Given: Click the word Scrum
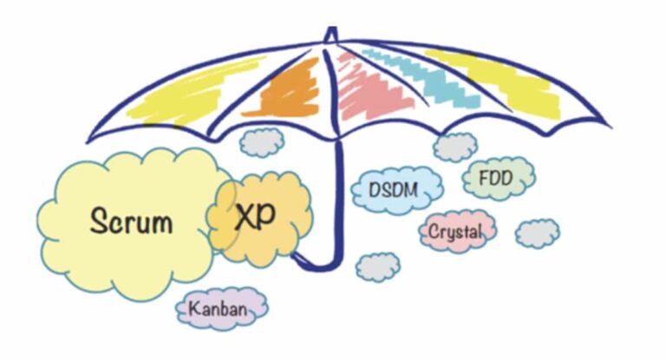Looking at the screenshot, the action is pyautogui.click(x=132, y=220).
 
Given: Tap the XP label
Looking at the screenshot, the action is pyautogui.click(x=255, y=216).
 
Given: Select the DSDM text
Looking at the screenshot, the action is pyautogui.click(x=394, y=190).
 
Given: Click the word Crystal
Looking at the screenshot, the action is pyautogui.click(x=455, y=232).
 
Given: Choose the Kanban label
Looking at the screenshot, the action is pyautogui.click(x=218, y=309).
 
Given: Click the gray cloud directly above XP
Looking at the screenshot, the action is pyautogui.click(x=262, y=142).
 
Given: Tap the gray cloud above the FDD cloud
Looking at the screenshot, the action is pyautogui.click(x=455, y=147).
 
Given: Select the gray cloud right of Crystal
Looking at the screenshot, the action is pyautogui.click(x=538, y=233).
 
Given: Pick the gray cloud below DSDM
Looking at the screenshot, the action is pyautogui.click(x=378, y=267).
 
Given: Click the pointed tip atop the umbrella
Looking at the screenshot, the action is pyautogui.click(x=332, y=28).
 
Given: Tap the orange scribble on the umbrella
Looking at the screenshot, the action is pyautogui.click(x=285, y=89).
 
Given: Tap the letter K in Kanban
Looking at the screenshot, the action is pyautogui.click(x=194, y=308).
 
